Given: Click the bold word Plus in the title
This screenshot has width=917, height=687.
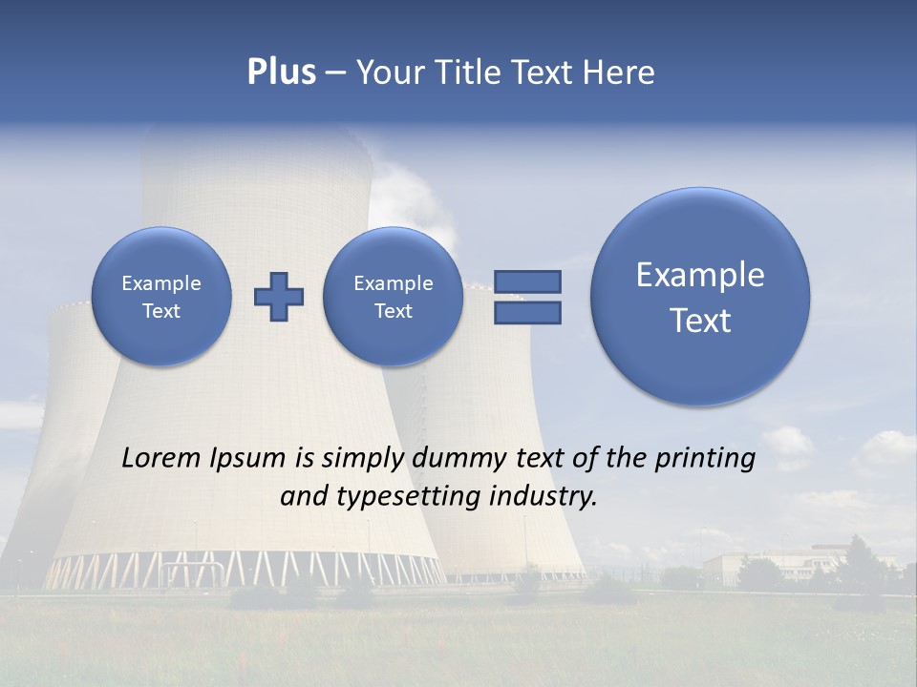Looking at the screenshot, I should coord(281,73).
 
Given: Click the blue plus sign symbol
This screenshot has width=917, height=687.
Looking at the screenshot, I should coord(279,297).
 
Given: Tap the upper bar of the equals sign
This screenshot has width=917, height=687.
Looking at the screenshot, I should coord(527,281).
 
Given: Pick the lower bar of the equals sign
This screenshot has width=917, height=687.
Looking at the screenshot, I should coord(527,313).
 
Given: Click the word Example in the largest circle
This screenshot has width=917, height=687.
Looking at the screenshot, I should coord(700,275).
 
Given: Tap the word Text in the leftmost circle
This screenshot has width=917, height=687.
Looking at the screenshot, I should coord(161,311).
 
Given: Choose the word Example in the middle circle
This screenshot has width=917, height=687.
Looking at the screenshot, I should coord(393,283).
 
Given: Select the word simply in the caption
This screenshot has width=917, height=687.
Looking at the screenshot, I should coord(363,459).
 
